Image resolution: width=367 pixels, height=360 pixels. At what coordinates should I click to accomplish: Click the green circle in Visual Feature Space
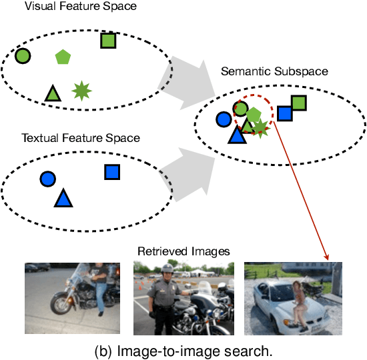point(23,57)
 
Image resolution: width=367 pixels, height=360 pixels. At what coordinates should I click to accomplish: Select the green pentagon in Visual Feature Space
point(63,57)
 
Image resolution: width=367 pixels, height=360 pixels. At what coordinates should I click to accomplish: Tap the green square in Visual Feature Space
point(108,41)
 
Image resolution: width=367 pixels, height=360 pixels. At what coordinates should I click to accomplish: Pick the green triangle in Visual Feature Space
point(52,93)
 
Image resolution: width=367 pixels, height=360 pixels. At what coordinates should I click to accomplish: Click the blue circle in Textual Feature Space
point(47,179)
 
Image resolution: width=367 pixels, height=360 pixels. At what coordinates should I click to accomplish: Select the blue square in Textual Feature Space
point(111,172)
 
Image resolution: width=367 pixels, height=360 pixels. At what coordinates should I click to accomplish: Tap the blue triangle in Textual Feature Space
point(63,197)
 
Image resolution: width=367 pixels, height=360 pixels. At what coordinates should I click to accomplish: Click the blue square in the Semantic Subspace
point(285,113)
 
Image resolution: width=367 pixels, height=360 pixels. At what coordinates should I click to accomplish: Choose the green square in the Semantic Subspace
point(298,103)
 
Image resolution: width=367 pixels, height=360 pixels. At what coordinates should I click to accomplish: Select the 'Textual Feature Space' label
point(81,138)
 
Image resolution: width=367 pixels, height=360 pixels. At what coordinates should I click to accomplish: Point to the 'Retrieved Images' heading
point(183,251)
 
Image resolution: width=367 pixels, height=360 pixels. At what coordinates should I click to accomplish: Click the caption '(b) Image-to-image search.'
point(183,348)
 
